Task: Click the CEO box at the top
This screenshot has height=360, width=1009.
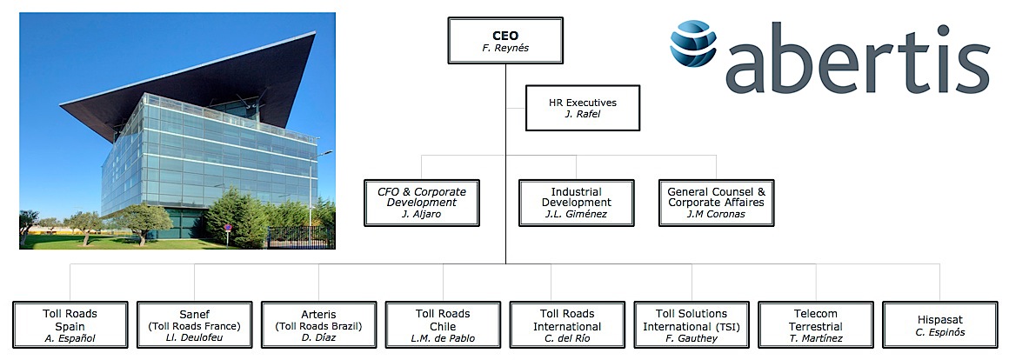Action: tap(505, 41)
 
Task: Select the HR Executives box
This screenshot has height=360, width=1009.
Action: tap(583, 108)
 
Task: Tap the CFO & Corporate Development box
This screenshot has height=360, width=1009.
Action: tap(422, 203)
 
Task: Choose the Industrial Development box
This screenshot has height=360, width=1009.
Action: tap(577, 203)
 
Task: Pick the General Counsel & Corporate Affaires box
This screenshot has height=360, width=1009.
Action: tap(716, 203)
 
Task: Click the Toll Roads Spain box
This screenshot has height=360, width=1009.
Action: tap(70, 324)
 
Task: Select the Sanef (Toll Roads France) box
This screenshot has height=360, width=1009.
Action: tap(194, 324)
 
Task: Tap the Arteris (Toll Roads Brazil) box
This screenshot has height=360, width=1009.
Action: tap(318, 324)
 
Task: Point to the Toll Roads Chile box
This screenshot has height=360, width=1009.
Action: tap(443, 324)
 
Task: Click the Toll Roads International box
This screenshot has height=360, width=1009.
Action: tap(567, 324)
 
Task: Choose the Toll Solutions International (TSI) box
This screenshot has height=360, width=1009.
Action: tap(692, 324)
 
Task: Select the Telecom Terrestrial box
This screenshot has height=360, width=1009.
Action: tap(816, 324)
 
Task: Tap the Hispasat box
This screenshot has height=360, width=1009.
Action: tap(940, 324)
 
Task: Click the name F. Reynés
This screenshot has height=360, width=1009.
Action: tap(505, 48)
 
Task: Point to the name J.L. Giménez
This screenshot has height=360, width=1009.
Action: tap(577, 215)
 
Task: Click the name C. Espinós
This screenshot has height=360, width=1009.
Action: tap(940, 332)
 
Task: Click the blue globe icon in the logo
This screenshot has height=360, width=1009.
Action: tap(693, 43)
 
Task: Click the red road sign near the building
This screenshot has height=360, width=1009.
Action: tap(228, 228)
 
